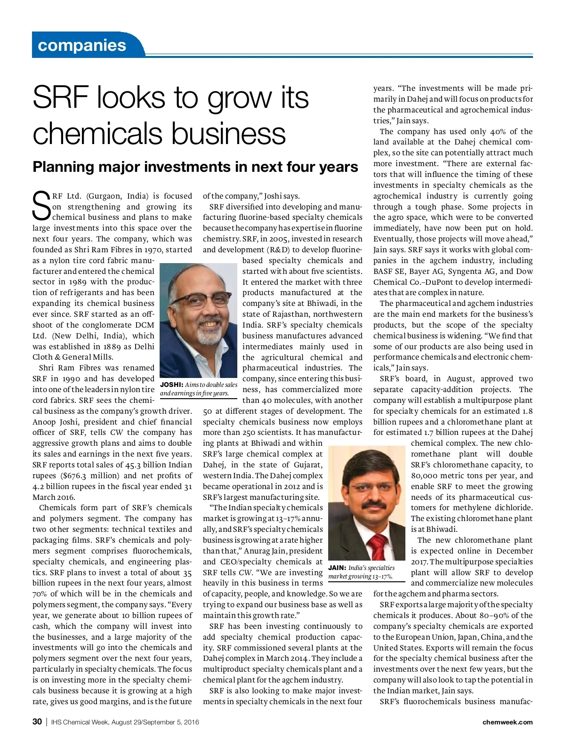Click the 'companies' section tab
82,45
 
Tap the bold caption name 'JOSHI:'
172,385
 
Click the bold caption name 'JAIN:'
337,568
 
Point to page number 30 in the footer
37,722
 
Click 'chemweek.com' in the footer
508,722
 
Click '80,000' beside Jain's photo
427,476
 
